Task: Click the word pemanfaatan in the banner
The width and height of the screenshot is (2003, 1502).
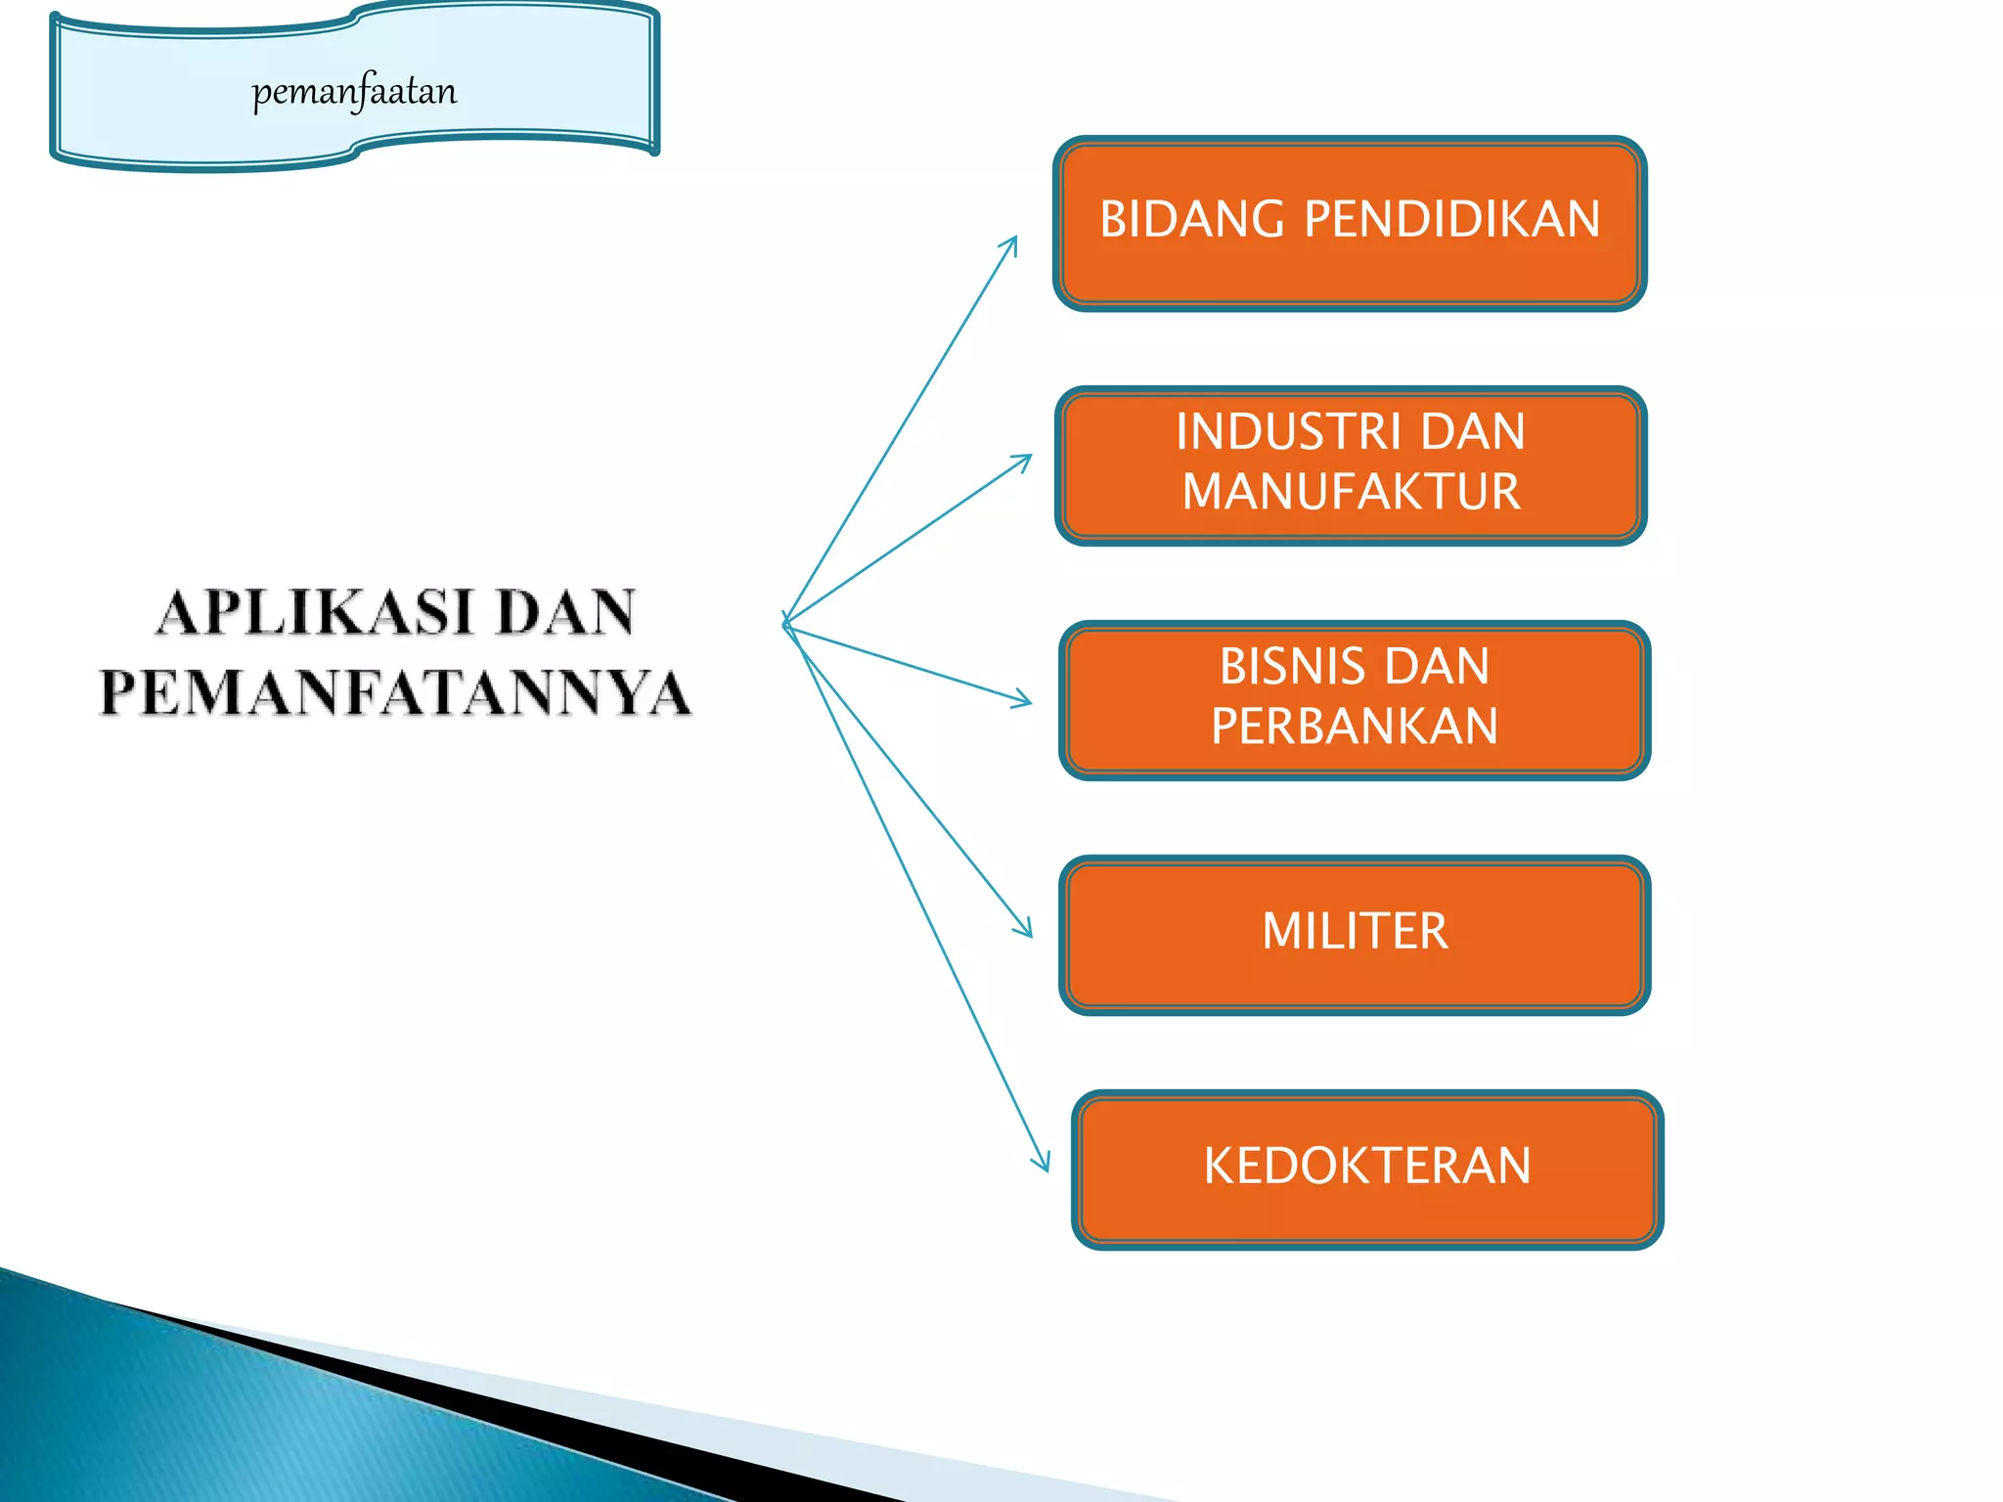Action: pos(354,92)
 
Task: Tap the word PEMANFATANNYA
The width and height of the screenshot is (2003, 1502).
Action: pos(395,692)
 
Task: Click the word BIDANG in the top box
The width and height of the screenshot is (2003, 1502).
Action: pos(1191,219)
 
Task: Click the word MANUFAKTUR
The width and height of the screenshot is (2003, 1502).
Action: pos(1351,491)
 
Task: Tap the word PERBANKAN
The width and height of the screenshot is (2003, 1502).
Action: pos(1355,726)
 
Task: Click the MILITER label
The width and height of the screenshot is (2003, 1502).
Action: pos(1355,931)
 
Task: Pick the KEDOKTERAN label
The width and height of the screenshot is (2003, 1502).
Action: pos(1366,1166)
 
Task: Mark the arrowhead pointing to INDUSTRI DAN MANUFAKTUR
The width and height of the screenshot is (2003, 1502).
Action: pos(1027,459)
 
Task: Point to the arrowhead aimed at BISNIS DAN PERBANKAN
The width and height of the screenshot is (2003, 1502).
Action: pos(1026,700)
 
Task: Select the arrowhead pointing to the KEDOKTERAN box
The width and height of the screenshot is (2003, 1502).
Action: pos(1045,1166)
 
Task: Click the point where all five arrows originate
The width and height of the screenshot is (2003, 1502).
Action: pos(786,623)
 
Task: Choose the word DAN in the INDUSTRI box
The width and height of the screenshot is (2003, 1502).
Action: pos(1472,432)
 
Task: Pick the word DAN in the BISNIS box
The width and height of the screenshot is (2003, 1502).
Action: pos(1437,667)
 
